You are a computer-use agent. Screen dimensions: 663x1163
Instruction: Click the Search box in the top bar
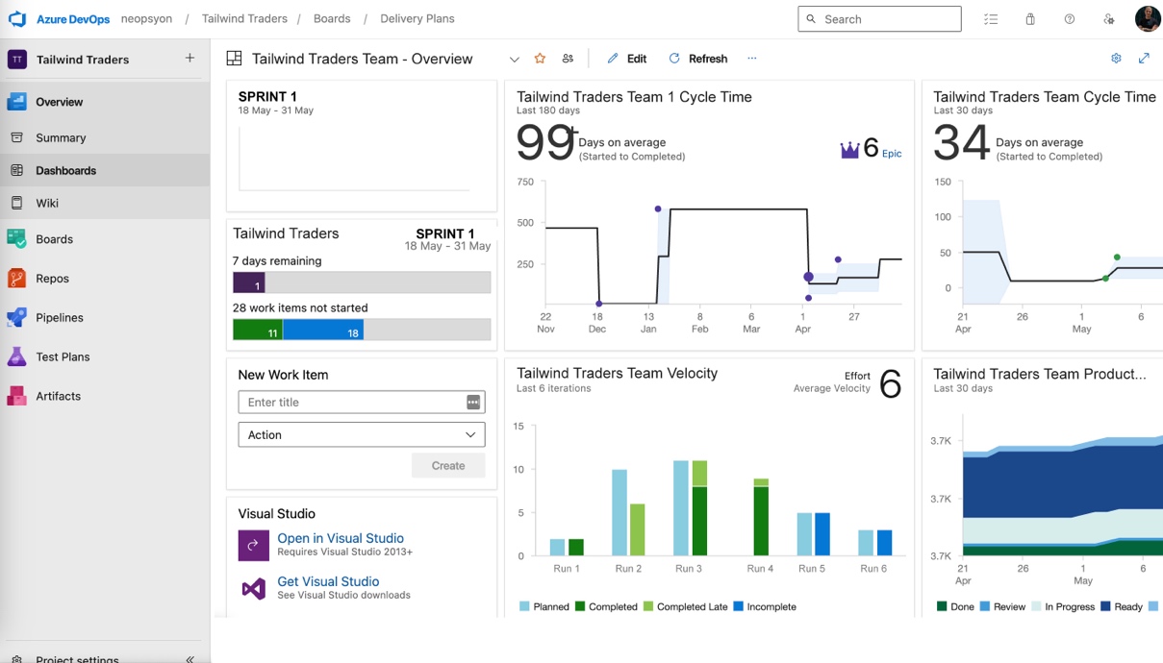click(x=879, y=19)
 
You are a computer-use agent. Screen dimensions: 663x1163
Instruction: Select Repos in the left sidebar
click(x=52, y=279)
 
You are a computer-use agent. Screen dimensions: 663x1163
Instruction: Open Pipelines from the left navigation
click(x=59, y=317)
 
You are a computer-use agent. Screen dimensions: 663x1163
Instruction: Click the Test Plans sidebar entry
click(x=63, y=356)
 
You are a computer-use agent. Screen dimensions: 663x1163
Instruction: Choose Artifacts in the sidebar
click(x=58, y=396)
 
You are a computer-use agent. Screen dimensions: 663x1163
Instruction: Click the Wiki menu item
click(x=47, y=203)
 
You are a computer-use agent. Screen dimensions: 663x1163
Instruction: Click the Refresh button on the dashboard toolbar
click(x=698, y=59)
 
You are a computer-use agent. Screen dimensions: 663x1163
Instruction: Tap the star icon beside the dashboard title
click(x=540, y=59)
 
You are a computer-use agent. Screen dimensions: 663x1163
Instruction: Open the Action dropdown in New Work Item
click(x=361, y=435)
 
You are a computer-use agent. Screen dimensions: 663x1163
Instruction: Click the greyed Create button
click(x=448, y=466)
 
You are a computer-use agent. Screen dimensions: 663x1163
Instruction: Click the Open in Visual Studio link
click(x=340, y=538)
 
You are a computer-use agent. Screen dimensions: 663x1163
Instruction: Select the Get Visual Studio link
click(x=328, y=581)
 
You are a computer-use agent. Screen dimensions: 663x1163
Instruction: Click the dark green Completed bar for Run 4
click(x=761, y=522)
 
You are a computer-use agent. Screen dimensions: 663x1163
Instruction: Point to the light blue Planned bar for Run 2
click(x=619, y=512)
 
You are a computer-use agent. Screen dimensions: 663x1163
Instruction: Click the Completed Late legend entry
click(x=685, y=607)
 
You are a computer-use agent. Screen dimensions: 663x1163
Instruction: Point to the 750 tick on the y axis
click(x=525, y=182)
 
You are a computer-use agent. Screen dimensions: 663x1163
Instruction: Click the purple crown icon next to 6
click(x=849, y=150)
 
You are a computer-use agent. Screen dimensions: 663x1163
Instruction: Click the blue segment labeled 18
click(x=323, y=330)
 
